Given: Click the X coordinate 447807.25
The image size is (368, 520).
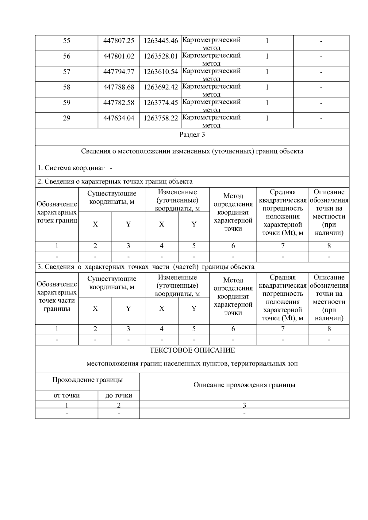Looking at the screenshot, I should coord(119,41).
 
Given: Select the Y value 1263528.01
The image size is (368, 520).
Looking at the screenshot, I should coord(161,56).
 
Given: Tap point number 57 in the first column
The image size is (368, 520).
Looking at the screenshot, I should coord(67,72).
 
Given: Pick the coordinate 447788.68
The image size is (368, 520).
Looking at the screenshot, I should coord(119,87).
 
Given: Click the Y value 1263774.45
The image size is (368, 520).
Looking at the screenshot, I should coord(161,103).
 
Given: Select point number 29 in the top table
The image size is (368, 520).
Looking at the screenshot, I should coord(67,118).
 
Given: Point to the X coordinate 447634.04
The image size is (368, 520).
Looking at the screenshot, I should coord(119,118).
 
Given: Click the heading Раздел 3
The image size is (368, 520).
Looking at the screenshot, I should coord(192,135).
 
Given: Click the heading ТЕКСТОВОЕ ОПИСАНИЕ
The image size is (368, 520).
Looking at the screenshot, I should coord(192,350).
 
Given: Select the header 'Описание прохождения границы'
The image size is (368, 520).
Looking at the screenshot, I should coord(244,385).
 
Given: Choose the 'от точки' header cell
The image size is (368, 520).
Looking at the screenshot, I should coord(67,396).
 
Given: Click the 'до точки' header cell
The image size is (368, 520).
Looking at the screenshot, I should coord(119,396).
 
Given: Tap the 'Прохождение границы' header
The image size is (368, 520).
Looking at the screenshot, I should coord(87,380).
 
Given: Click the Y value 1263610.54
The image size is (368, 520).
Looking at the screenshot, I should coord(161,72).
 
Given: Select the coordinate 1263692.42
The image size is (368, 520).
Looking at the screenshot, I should coord(161,87).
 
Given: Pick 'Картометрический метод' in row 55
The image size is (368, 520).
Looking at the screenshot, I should coord(211,43).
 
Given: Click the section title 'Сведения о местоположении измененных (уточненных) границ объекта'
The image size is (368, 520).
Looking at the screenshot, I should coord(192,151).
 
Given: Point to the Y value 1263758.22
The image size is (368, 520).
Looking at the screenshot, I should coord(161,118).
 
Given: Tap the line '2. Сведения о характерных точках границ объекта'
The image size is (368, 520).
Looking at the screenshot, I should coord(115,181).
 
